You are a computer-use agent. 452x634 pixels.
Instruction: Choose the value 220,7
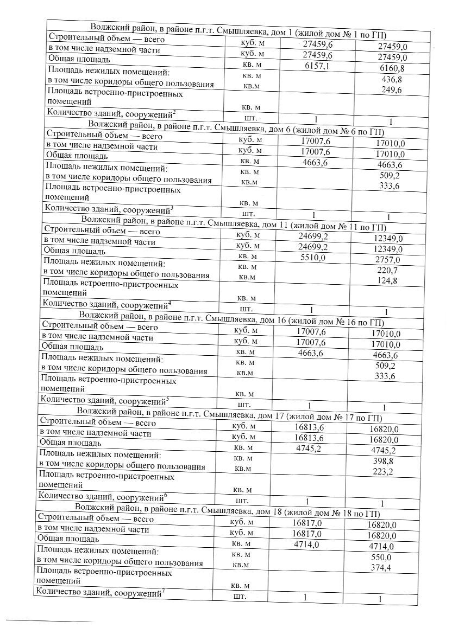[387, 270]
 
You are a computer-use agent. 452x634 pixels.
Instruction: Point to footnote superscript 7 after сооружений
[164, 591]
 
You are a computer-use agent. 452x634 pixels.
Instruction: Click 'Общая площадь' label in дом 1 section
[79, 59]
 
